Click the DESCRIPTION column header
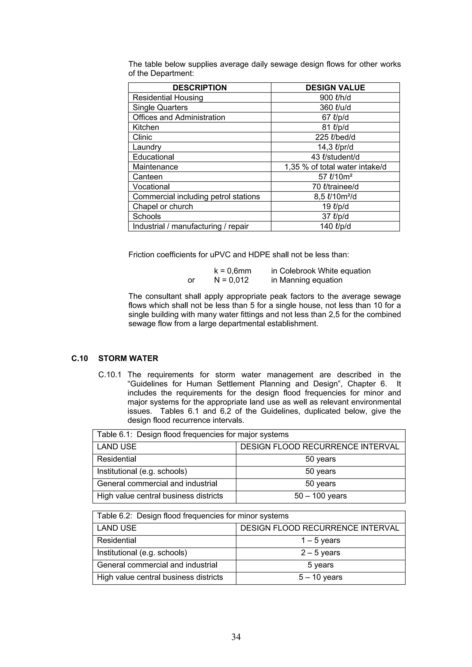point(200,87)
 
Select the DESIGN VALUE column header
point(335,87)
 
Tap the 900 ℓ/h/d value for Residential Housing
point(335,98)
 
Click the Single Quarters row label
point(160,107)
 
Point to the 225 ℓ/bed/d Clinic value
point(335,137)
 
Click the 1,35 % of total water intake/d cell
point(335,167)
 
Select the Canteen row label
point(147,177)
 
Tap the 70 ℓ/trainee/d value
point(335,186)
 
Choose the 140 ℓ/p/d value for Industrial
point(335,226)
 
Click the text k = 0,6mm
point(232,271)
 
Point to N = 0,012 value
point(231,280)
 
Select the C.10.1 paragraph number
point(110,375)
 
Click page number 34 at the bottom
point(236,637)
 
